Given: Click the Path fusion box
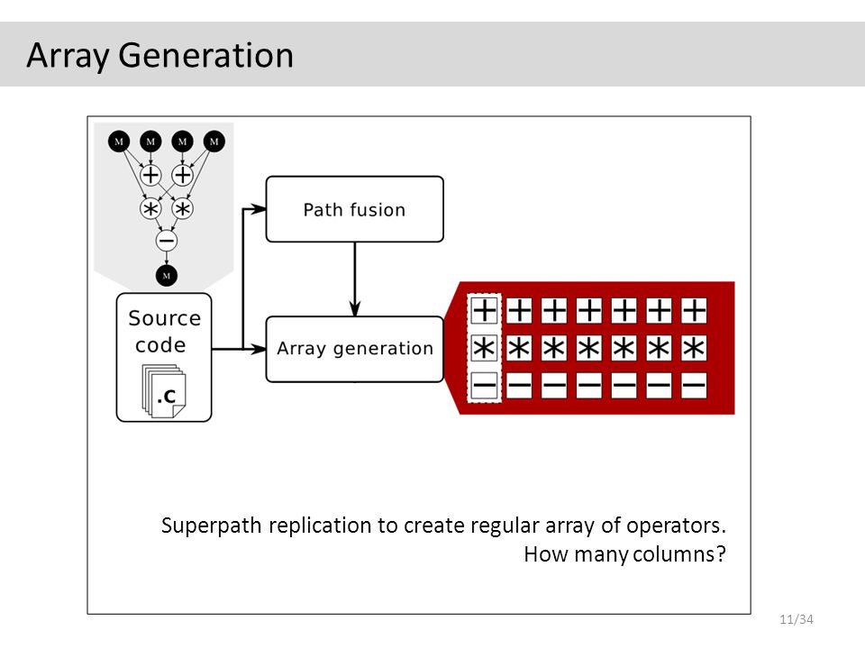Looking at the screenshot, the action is point(355,209).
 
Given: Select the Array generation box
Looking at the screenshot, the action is point(355,349).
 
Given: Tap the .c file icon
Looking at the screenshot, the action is point(164,390).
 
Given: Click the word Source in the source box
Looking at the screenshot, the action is point(164,318).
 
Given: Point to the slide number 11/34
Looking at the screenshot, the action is point(796,619).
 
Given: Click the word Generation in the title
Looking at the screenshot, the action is point(205,56).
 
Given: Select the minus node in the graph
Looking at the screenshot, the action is point(167,241).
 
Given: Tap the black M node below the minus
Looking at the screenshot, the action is point(167,276).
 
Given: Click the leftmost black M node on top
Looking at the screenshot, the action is point(119,142).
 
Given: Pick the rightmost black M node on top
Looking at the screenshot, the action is point(214,142).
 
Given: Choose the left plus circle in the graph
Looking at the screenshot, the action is point(150,176).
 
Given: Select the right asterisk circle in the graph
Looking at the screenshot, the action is point(183,209).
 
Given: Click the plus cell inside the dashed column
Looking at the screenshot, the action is point(485,310).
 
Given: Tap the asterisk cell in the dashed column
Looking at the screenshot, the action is point(485,348).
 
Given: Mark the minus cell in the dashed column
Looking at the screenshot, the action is point(485,386).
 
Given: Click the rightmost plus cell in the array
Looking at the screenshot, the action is point(694,310).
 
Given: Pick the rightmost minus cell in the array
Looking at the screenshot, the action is point(694,386).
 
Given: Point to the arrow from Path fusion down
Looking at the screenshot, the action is point(355,279).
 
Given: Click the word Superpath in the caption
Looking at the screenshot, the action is point(211,526).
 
